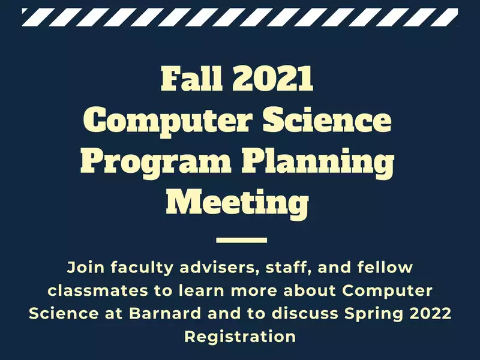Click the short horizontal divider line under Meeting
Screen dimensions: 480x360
coord(242,241)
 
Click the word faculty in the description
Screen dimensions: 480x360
coord(142,268)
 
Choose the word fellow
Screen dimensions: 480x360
coord(385,267)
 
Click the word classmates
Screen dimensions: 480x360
coord(98,290)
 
